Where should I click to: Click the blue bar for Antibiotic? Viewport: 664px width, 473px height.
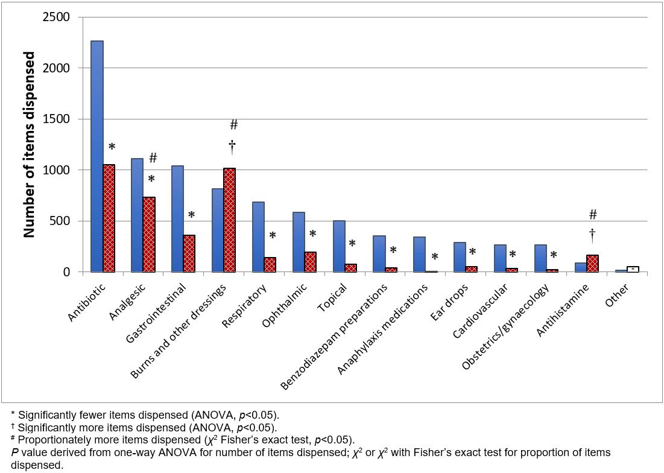point(96,157)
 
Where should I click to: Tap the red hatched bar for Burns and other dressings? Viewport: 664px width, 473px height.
point(229,220)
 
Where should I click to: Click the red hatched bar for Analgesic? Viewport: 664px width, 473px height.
point(149,235)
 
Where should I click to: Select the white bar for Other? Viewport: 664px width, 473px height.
point(633,269)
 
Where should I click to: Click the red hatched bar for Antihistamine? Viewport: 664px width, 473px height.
point(593,264)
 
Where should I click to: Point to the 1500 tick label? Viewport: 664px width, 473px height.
point(58,119)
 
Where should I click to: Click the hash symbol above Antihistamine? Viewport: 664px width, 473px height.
point(593,214)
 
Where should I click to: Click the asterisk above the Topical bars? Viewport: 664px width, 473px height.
point(352,244)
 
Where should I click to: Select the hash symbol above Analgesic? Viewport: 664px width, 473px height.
point(153,158)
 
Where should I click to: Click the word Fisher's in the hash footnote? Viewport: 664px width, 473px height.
point(216,439)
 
